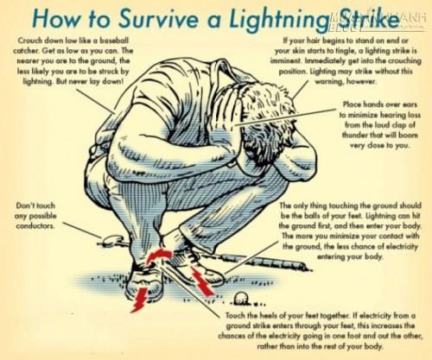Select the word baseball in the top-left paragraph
114,41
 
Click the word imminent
286,61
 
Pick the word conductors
35,226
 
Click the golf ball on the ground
240,299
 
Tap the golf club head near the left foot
113,239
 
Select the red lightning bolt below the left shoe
140,300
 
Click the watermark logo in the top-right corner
378,20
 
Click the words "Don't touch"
35,205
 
